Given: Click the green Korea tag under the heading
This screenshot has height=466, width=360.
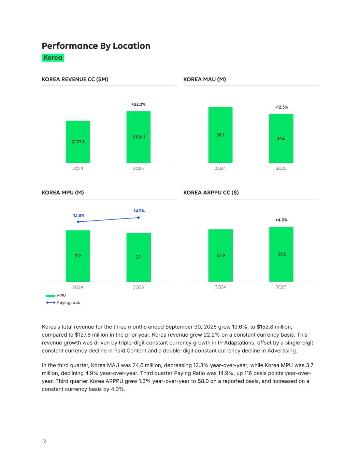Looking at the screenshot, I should tap(53, 58).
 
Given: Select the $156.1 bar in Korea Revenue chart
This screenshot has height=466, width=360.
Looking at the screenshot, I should tap(139, 137).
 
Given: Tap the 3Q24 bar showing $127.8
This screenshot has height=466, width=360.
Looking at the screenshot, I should tap(78, 142).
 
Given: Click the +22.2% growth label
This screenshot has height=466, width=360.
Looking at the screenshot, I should tap(138, 104).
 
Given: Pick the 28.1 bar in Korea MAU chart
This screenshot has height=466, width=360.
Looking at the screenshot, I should tap(220, 135).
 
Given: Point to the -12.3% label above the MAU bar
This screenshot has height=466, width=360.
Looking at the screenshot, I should tap(281, 107).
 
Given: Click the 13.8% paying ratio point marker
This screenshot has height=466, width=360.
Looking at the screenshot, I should tap(78, 222).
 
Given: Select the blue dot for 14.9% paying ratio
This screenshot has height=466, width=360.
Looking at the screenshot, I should tap(139, 218).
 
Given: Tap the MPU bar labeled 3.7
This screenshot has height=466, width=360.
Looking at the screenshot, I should tap(139, 257).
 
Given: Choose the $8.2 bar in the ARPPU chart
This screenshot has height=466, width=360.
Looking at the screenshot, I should tap(281, 254).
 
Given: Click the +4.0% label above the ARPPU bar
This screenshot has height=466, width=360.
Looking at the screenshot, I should tap(281, 220).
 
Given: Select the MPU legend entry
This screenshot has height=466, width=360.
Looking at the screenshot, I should tap(56, 296).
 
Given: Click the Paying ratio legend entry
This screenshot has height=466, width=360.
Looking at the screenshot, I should tap(63, 303).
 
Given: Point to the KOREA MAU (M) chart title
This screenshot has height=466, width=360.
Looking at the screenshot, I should tap(204, 80).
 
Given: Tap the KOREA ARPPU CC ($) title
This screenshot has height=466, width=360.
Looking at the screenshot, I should tap(211, 193).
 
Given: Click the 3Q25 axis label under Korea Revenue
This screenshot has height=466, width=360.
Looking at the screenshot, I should tap(138, 169).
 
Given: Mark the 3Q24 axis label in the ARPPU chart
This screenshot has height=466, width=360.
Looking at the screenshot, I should tap(220, 287).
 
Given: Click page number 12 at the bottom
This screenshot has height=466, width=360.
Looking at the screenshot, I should tap(44, 441).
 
